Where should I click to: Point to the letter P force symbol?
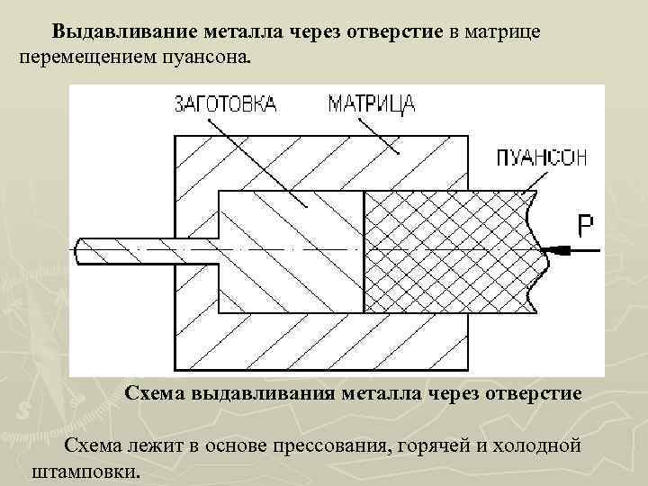(585, 224)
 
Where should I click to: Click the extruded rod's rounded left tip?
(81, 249)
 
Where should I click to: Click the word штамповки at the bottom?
(85, 471)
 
